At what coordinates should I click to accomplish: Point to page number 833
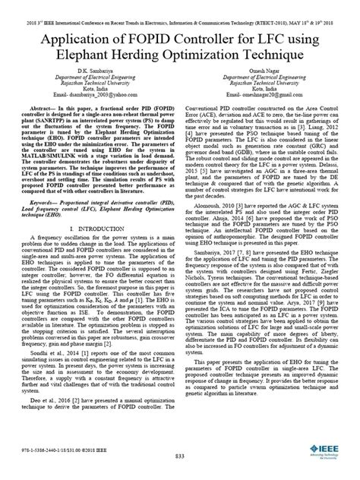pyautogui.click(x=180, y=456)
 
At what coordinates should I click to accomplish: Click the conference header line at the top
pyautogui.click(x=180, y=6)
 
